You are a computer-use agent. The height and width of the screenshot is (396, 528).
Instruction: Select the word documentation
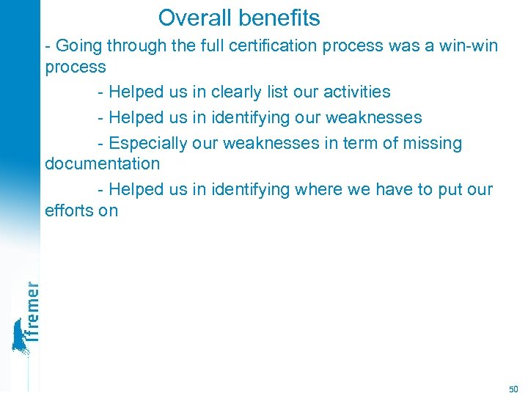[102, 164]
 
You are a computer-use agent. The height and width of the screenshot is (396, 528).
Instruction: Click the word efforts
[68, 211]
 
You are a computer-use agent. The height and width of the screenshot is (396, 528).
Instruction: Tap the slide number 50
[513, 388]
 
